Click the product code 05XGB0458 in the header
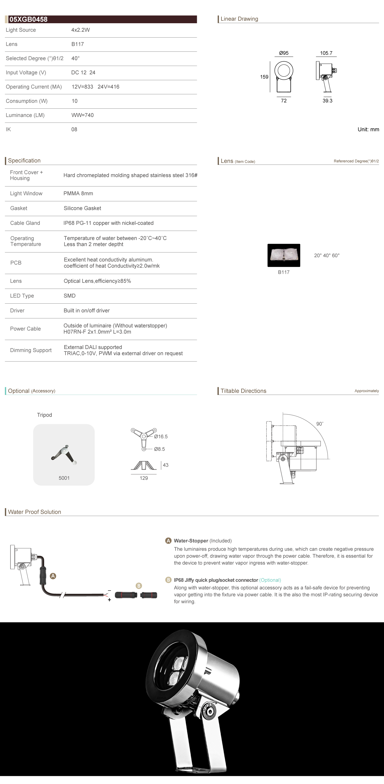pos(28,19)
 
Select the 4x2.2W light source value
pos(81,30)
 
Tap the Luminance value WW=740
pos(82,115)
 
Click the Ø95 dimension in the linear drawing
pos(284,53)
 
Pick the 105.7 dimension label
pos(326,53)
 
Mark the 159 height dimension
pos(264,77)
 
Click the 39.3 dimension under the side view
pos(327,101)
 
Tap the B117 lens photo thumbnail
pos(284,255)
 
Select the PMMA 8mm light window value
pos(78,194)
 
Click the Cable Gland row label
pos(25,223)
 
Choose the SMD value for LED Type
pos(69,296)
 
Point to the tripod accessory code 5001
pos(64,478)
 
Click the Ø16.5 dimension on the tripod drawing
pos(161,436)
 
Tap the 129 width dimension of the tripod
pos(143,478)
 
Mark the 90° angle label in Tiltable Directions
pos(320,424)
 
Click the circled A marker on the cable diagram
pos(53,576)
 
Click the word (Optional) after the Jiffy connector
pos(270,580)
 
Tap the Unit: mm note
pos(368,129)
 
